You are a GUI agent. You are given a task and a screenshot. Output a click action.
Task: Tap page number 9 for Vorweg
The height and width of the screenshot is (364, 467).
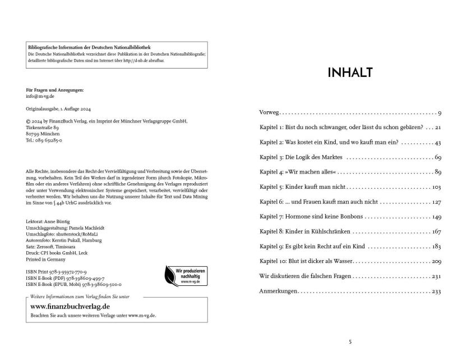[x=440, y=113]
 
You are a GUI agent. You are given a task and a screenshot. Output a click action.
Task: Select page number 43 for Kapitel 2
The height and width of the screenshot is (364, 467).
[x=438, y=143]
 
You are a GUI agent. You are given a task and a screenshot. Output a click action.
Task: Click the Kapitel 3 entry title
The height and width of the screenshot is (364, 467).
[x=301, y=157]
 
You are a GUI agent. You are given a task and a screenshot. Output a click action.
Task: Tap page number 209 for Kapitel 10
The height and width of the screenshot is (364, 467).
[x=436, y=261]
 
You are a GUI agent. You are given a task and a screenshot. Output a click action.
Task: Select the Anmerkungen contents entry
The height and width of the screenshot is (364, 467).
[x=278, y=291]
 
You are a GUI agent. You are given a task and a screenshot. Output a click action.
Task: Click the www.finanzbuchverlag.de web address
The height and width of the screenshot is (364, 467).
[x=70, y=306]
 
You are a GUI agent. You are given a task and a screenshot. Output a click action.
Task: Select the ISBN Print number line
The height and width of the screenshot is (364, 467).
[x=56, y=271]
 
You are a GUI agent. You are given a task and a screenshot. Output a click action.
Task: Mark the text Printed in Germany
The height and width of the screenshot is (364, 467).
[x=46, y=260]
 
